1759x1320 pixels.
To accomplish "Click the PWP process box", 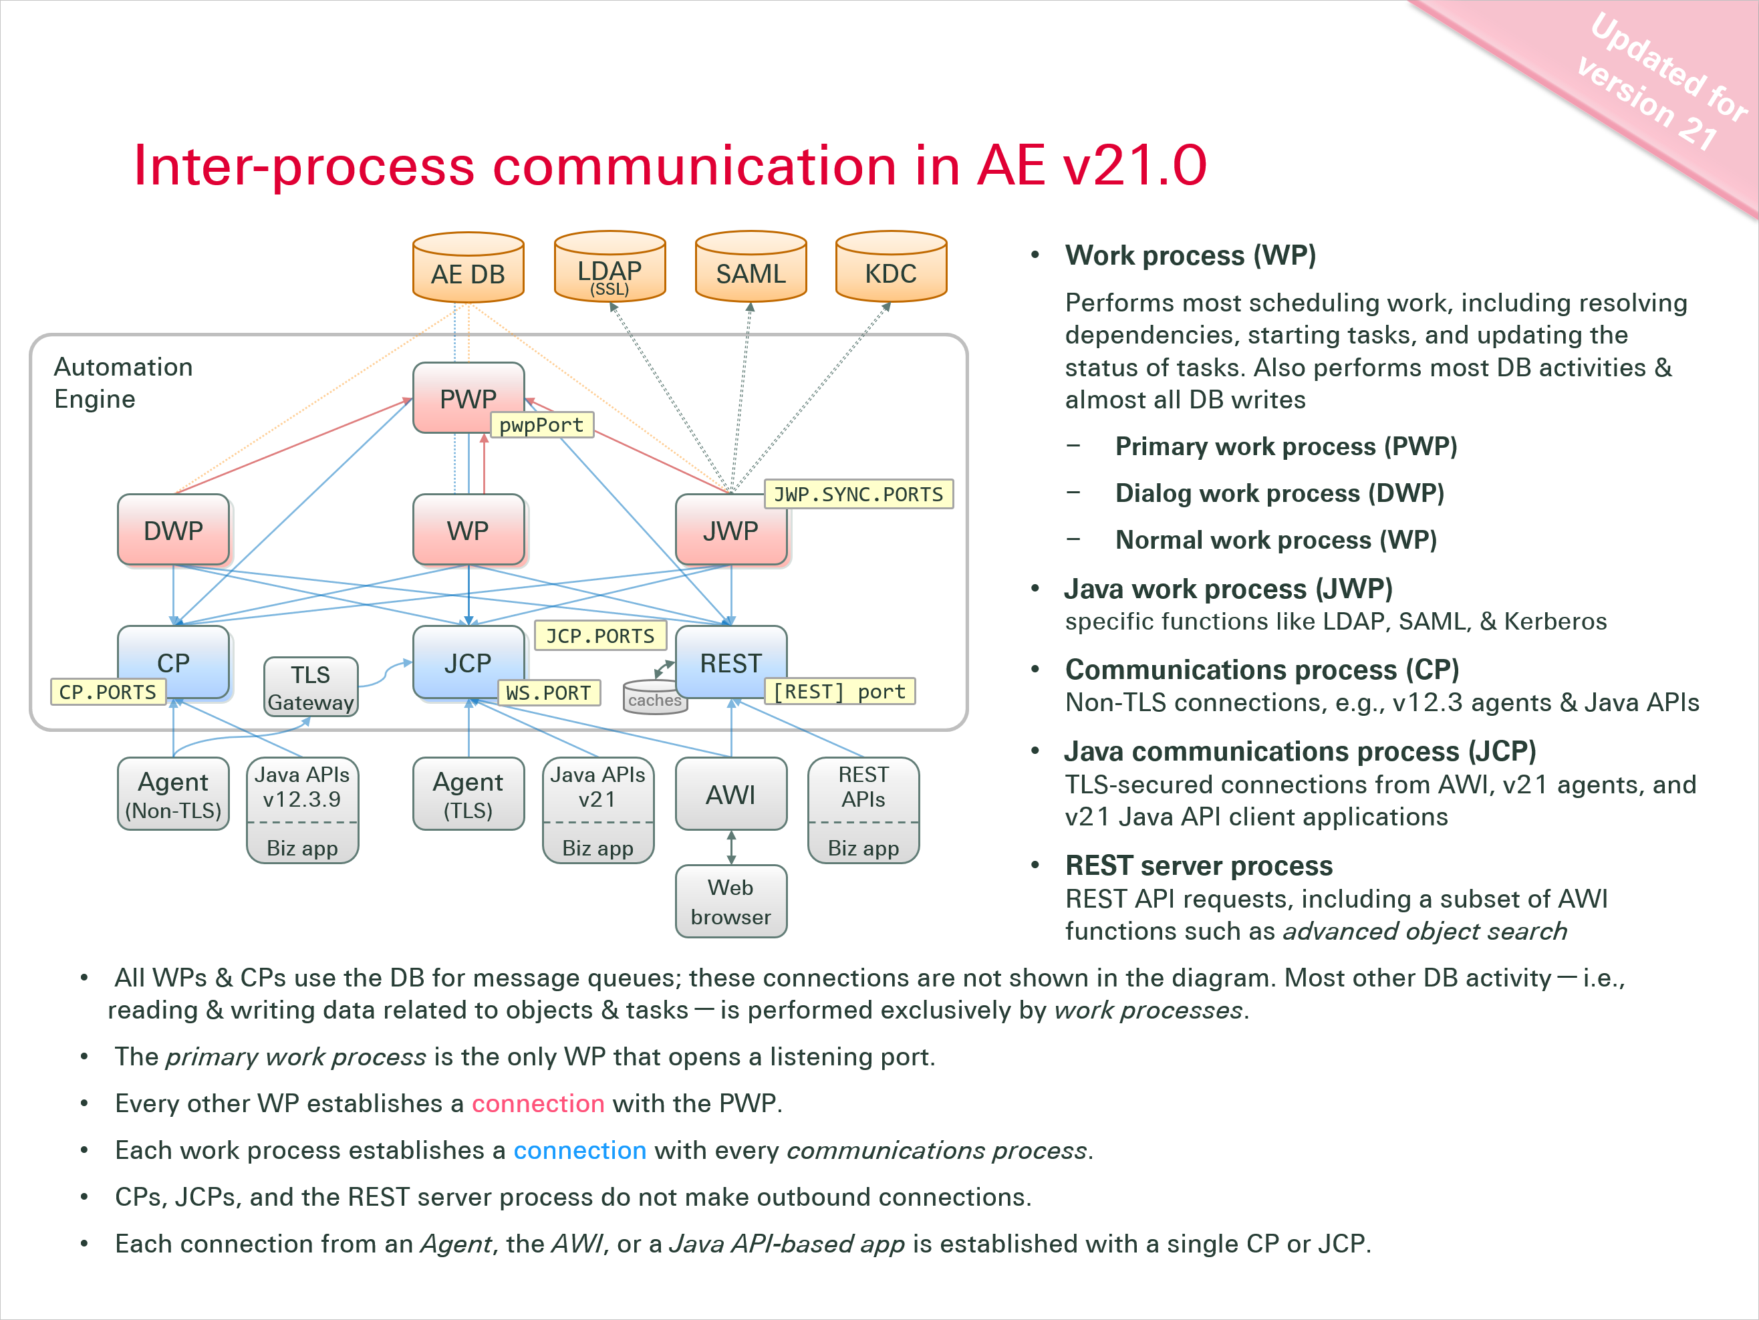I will point(468,397).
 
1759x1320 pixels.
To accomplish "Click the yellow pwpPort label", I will point(541,426).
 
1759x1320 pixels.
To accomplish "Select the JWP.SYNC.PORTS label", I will point(858,495).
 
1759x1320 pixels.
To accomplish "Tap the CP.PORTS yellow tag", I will point(108,692).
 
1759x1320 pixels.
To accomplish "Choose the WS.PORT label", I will point(549,692).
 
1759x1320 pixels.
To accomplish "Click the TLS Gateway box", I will point(310,688).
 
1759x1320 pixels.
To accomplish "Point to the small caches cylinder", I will point(654,697).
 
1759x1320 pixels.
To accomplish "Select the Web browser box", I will point(730,902).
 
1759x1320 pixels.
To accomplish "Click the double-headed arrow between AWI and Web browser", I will point(730,847).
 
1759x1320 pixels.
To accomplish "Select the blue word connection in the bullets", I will point(579,1151).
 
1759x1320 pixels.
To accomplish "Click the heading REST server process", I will point(1198,865).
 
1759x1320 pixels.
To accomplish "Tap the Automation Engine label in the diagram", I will point(123,382).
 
